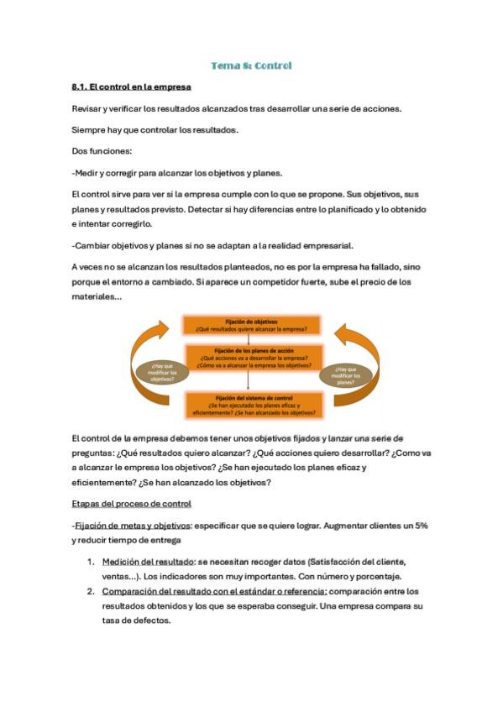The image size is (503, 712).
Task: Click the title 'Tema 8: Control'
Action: tap(251, 65)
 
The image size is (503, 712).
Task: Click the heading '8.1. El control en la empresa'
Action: tap(132, 86)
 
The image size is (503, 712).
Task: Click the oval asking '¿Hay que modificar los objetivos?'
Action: tap(162, 370)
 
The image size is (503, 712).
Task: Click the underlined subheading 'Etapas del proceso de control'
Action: tap(132, 503)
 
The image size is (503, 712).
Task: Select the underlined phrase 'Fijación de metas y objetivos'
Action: tap(134, 525)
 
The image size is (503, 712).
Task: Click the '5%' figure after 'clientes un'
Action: tap(421, 525)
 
